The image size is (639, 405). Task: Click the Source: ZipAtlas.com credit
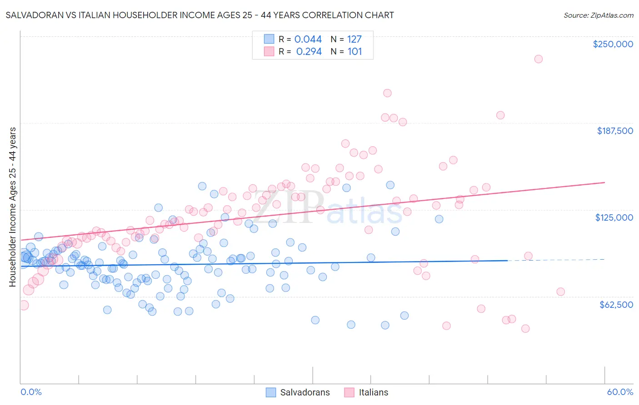(x=598, y=15)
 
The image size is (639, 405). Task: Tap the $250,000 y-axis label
(x=613, y=44)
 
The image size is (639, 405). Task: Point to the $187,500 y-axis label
(x=614, y=131)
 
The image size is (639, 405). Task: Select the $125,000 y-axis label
(x=614, y=217)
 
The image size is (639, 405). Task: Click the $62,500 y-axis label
(x=616, y=305)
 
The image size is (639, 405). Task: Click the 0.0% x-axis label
(x=31, y=392)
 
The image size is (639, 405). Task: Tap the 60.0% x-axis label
(x=619, y=392)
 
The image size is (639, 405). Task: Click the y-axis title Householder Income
(x=12, y=207)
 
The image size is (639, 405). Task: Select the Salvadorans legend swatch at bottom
(x=271, y=392)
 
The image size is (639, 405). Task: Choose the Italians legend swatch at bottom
(x=349, y=392)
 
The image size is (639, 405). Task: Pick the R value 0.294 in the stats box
(x=309, y=52)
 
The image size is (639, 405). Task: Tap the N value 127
(x=354, y=39)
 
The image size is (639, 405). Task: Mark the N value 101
(x=354, y=52)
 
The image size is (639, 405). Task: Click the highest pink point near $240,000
(x=538, y=59)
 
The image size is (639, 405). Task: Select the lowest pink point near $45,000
(x=525, y=329)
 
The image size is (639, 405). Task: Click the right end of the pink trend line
(x=604, y=183)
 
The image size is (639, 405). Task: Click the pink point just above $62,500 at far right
(x=560, y=292)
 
